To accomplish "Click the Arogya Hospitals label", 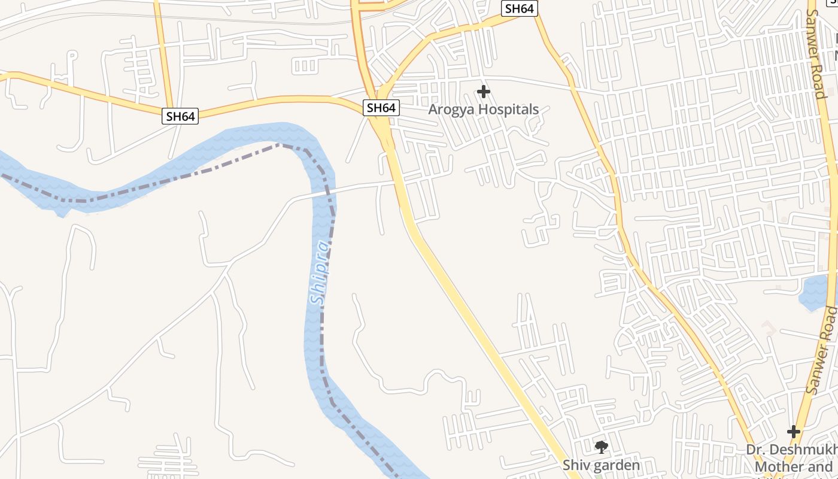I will [484, 110].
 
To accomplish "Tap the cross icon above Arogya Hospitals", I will [484, 92].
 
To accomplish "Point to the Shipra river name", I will [320, 273].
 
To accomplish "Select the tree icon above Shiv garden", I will [601, 447].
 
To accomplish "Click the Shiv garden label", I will [601, 465].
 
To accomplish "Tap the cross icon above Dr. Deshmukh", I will [794, 431].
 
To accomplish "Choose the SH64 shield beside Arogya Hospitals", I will [381, 108].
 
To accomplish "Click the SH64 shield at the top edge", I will [520, 8].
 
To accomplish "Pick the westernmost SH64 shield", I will [180, 116].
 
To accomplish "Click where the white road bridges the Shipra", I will [324, 192].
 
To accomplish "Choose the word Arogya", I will [449, 110].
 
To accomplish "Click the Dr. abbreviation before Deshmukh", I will [755, 450].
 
